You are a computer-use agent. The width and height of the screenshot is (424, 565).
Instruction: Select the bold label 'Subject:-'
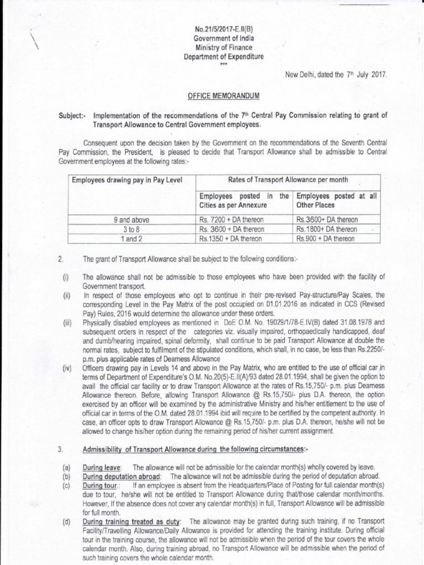[74, 116]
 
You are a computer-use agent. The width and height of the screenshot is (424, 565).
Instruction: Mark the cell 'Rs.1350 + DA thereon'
[232, 238]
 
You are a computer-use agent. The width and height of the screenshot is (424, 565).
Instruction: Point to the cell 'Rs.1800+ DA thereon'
[327, 229]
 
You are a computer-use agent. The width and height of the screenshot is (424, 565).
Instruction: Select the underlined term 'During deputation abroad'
[121, 476]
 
